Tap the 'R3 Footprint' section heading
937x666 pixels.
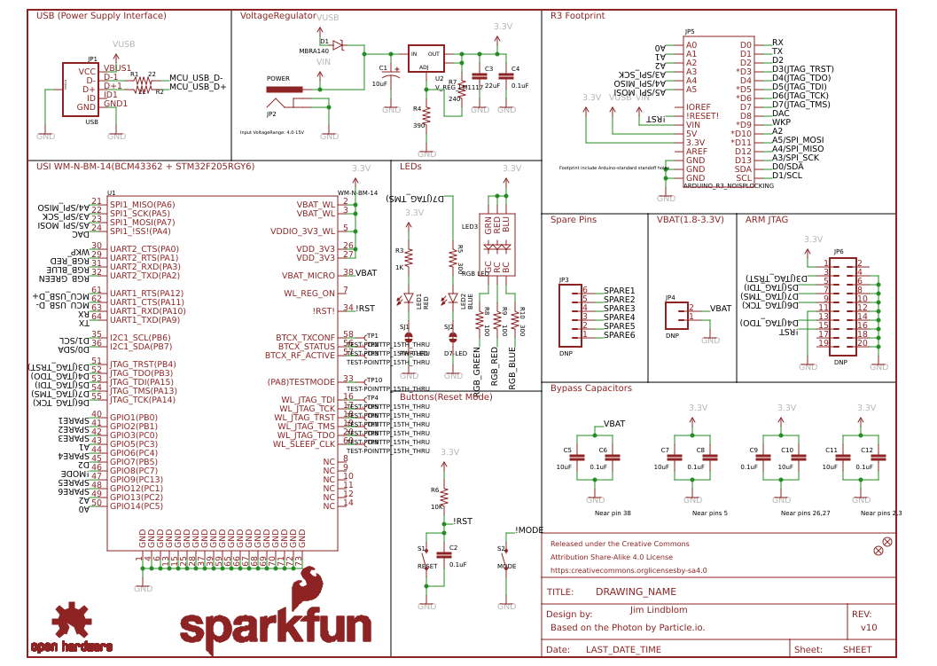[x=577, y=15]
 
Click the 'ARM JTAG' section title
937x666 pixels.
[x=766, y=219]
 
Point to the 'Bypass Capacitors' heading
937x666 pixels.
[x=590, y=388]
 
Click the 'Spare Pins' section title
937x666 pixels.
[x=573, y=219]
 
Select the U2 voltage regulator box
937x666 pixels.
[x=426, y=59]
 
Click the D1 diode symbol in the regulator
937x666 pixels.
[x=338, y=43]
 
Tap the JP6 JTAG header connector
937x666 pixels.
[x=843, y=306]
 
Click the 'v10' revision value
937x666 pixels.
[x=869, y=627]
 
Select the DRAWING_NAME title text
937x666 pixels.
[x=636, y=592]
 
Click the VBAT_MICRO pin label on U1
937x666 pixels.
[x=308, y=275]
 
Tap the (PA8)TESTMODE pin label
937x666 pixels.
[x=301, y=381]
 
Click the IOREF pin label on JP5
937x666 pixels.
[x=698, y=106]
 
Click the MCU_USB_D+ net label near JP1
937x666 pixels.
[x=198, y=87]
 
